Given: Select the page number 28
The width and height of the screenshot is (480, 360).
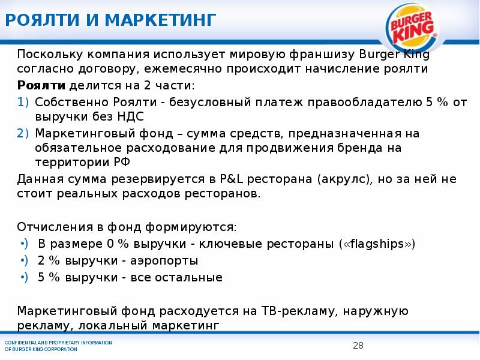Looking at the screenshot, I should coord(358,345).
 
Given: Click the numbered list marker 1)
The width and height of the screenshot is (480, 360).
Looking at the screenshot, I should coord(24,101).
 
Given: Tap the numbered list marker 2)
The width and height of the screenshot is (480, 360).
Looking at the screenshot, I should coord(24,133).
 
